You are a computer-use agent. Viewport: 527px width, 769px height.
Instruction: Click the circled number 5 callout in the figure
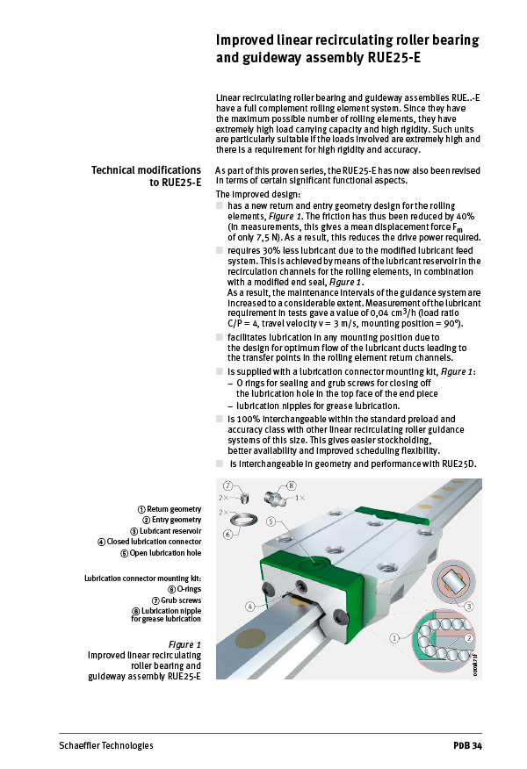(271, 521)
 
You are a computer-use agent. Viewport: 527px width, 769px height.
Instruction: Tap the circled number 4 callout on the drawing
(250, 606)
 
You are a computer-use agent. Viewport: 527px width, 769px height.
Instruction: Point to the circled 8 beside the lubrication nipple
(291, 485)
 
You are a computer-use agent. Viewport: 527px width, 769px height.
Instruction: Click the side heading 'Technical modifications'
(147, 169)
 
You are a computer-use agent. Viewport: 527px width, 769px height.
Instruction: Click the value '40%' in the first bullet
(466, 216)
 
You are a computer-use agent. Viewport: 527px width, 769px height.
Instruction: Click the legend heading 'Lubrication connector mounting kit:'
(142, 579)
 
